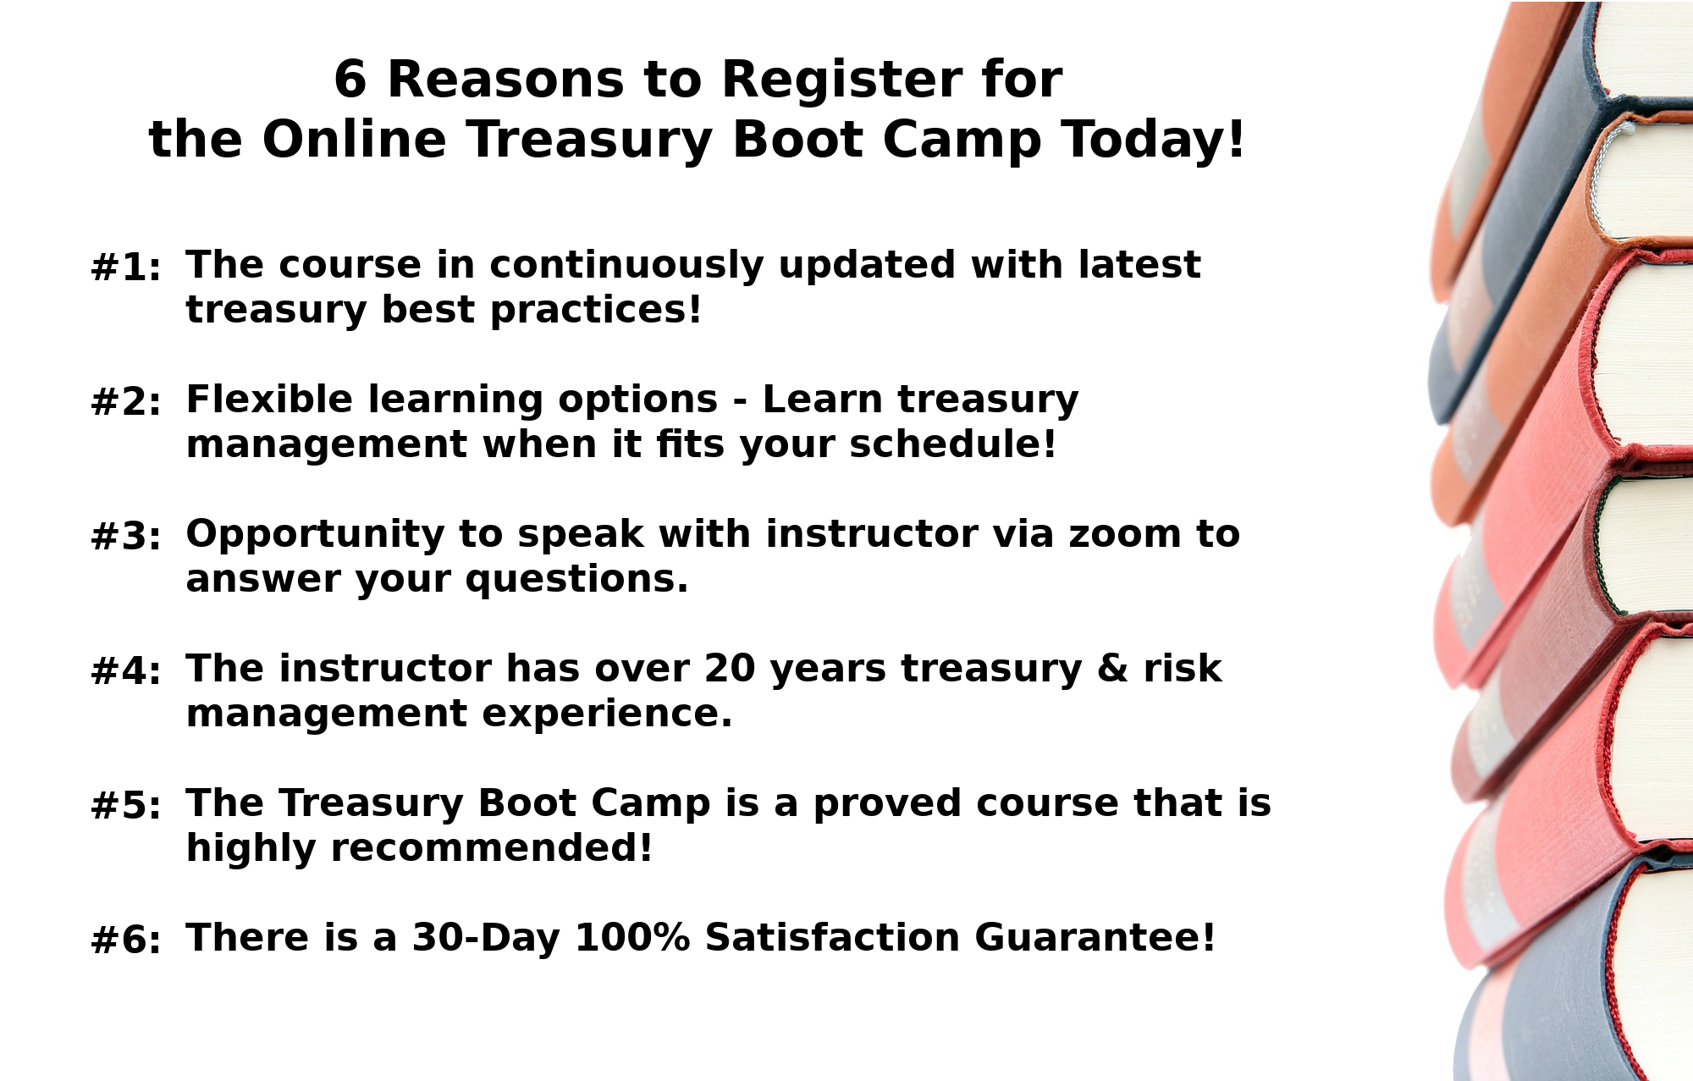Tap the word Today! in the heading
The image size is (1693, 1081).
(1154, 140)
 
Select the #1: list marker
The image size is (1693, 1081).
(125, 268)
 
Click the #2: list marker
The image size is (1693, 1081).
(125, 402)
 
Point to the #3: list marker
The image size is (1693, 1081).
(125, 537)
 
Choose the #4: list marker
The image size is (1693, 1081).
(125, 671)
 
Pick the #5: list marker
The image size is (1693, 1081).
(125, 806)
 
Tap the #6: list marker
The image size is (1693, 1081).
(125, 940)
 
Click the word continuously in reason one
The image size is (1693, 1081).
(627, 265)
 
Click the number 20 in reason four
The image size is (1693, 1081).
(729, 669)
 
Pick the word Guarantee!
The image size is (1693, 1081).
(1095, 938)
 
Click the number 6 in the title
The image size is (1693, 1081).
(350, 80)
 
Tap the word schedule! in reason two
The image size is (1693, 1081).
(953, 444)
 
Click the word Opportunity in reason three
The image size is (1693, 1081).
(315, 536)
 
